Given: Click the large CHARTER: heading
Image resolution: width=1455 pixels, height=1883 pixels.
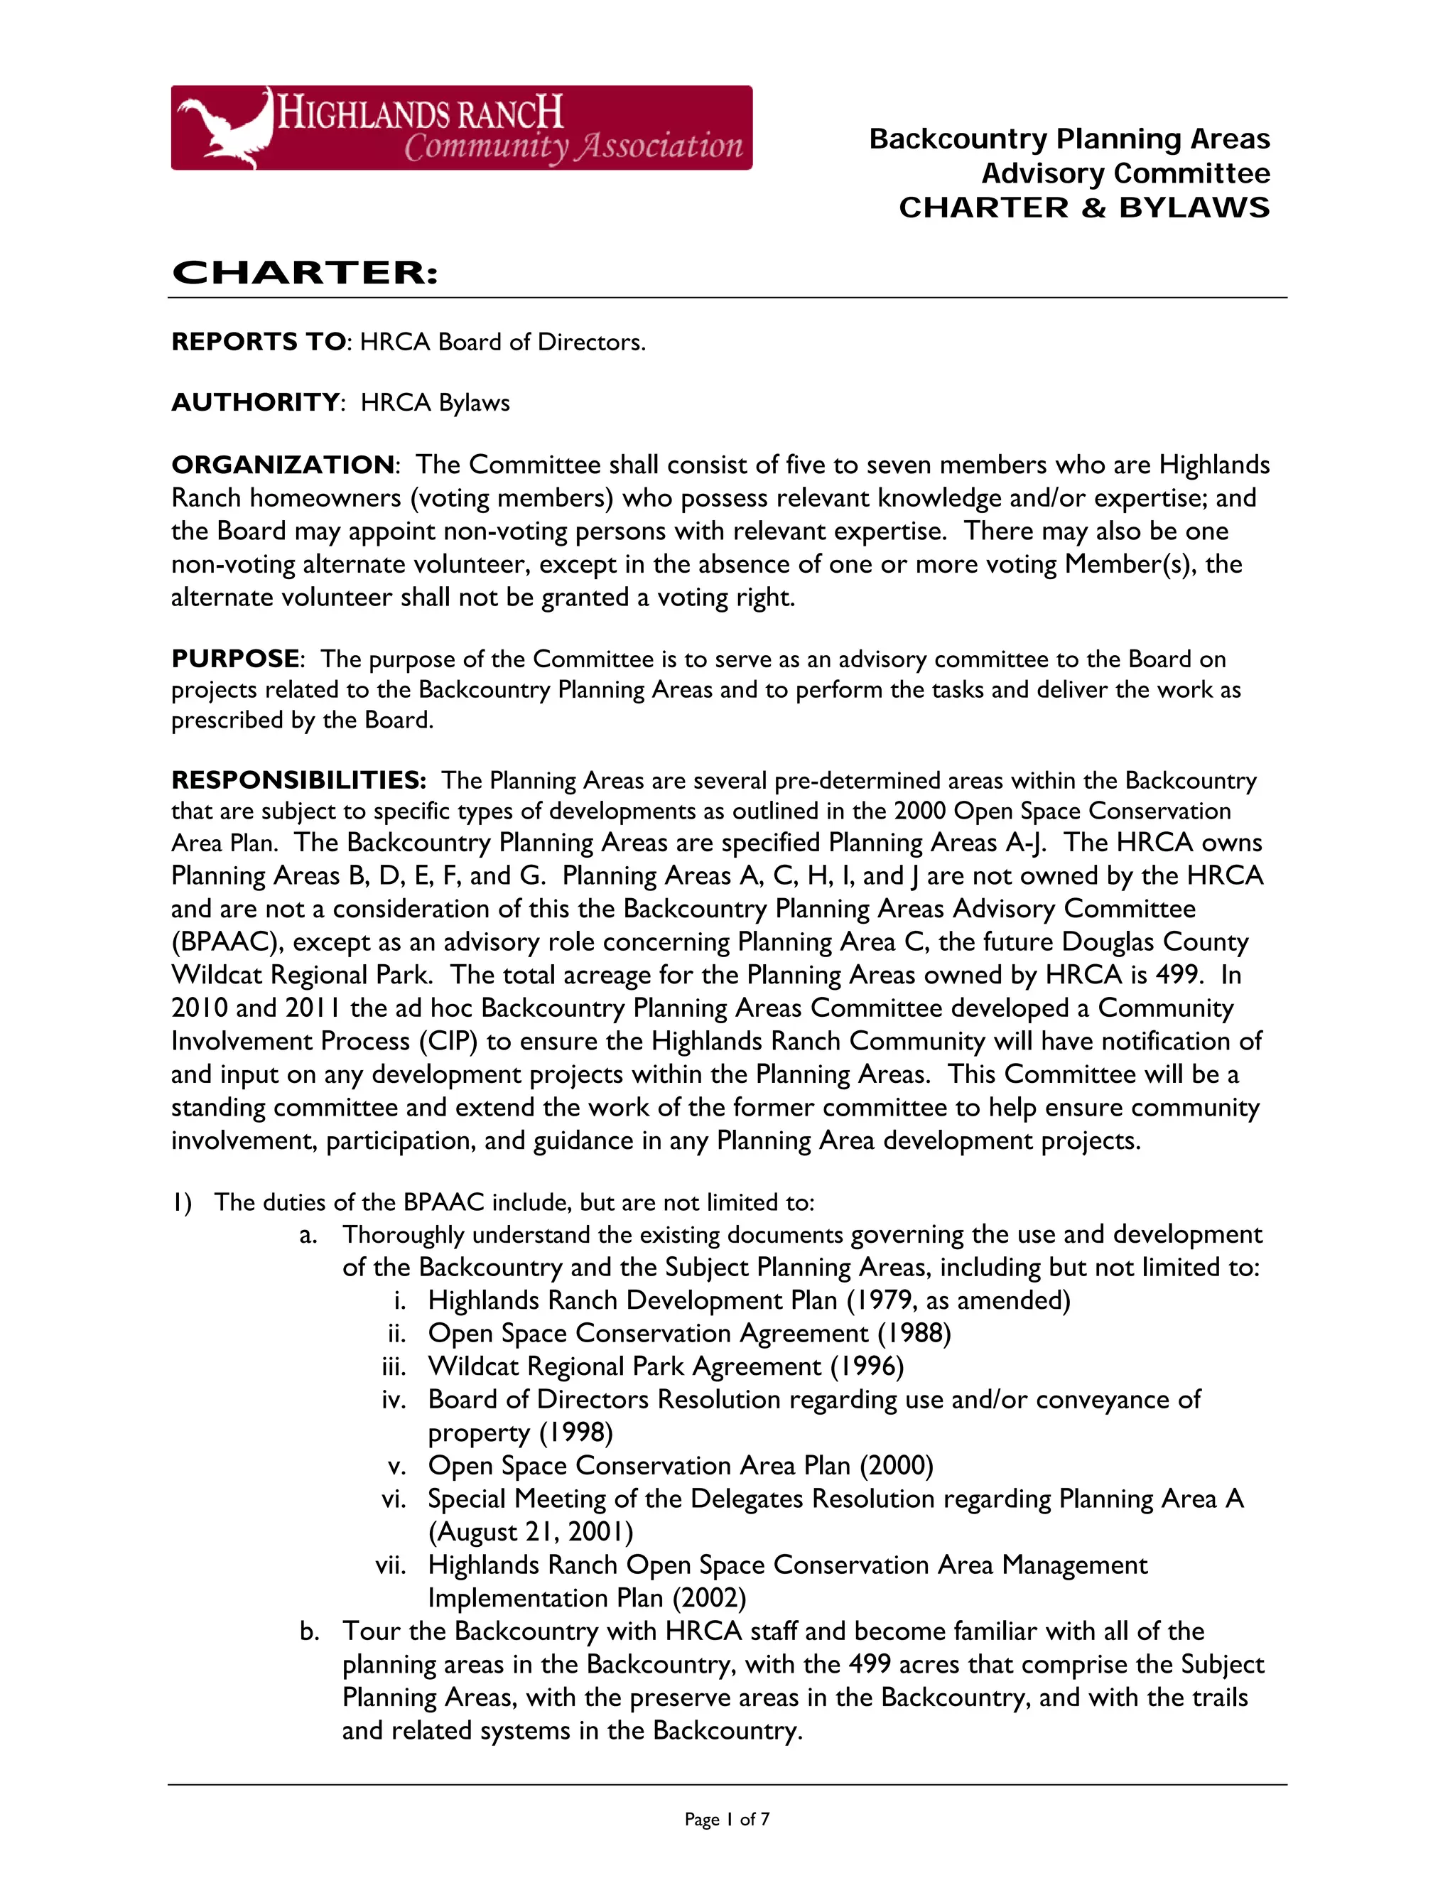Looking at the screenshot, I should click(x=305, y=274).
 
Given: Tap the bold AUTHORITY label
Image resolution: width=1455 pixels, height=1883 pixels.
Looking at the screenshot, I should click(x=255, y=403).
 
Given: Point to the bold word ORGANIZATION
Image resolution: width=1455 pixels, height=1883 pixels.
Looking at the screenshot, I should click(x=283, y=465).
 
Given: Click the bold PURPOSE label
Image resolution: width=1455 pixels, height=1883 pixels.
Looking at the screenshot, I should click(x=235, y=659).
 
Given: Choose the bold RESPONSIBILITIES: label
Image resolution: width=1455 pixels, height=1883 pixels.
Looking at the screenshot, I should click(x=298, y=780).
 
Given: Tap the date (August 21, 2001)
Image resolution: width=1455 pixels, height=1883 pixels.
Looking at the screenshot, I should click(x=531, y=1532).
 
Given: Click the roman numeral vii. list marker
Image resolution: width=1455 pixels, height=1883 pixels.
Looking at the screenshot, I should click(x=391, y=1565).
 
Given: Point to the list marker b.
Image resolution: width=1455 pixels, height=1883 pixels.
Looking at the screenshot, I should click(x=310, y=1631).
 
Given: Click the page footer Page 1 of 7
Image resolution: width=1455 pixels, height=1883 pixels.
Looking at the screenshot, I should click(x=727, y=1819).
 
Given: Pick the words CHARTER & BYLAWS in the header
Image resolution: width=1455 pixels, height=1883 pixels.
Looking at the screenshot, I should click(x=1083, y=207).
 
